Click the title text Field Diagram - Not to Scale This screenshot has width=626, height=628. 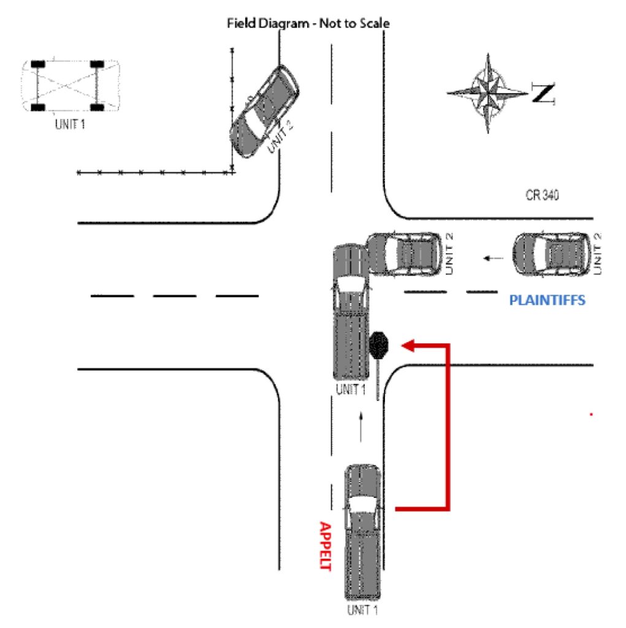(x=308, y=23)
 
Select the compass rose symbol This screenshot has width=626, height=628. (x=488, y=93)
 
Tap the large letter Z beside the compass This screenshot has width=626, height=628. (x=543, y=94)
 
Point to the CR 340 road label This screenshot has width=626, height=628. (x=542, y=196)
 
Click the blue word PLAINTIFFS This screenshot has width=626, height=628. (x=548, y=301)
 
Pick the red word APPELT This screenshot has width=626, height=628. (x=324, y=546)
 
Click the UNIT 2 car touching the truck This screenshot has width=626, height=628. (x=405, y=253)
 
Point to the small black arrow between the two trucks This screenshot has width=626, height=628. (x=361, y=427)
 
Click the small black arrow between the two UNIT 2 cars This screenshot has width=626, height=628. (x=490, y=258)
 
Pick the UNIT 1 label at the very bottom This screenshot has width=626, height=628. (x=362, y=610)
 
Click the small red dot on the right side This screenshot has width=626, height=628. (x=591, y=415)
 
